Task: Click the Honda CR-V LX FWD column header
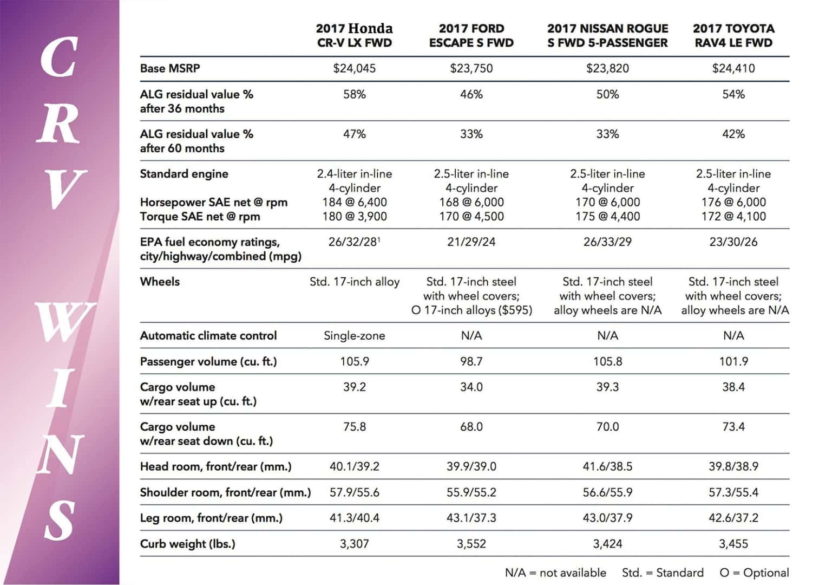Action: point(355,36)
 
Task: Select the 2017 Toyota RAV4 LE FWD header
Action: point(733,36)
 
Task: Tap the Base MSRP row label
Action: point(170,68)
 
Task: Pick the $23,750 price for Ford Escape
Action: point(471,68)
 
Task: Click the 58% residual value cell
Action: point(355,94)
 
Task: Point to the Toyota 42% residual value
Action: point(733,134)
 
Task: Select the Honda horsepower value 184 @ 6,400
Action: point(355,202)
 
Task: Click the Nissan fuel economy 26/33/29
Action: point(607,242)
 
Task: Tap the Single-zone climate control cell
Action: point(355,335)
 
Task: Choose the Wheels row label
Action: point(160,282)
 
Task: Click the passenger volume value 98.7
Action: point(471,361)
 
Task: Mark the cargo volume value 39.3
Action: point(607,387)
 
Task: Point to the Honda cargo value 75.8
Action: point(355,427)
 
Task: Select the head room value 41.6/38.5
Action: point(607,466)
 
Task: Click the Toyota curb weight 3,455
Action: point(733,544)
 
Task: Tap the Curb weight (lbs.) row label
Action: point(188,544)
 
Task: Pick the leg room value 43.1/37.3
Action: point(471,518)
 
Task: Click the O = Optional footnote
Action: point(754,573)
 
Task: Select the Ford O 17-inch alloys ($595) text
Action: point(471,310)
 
